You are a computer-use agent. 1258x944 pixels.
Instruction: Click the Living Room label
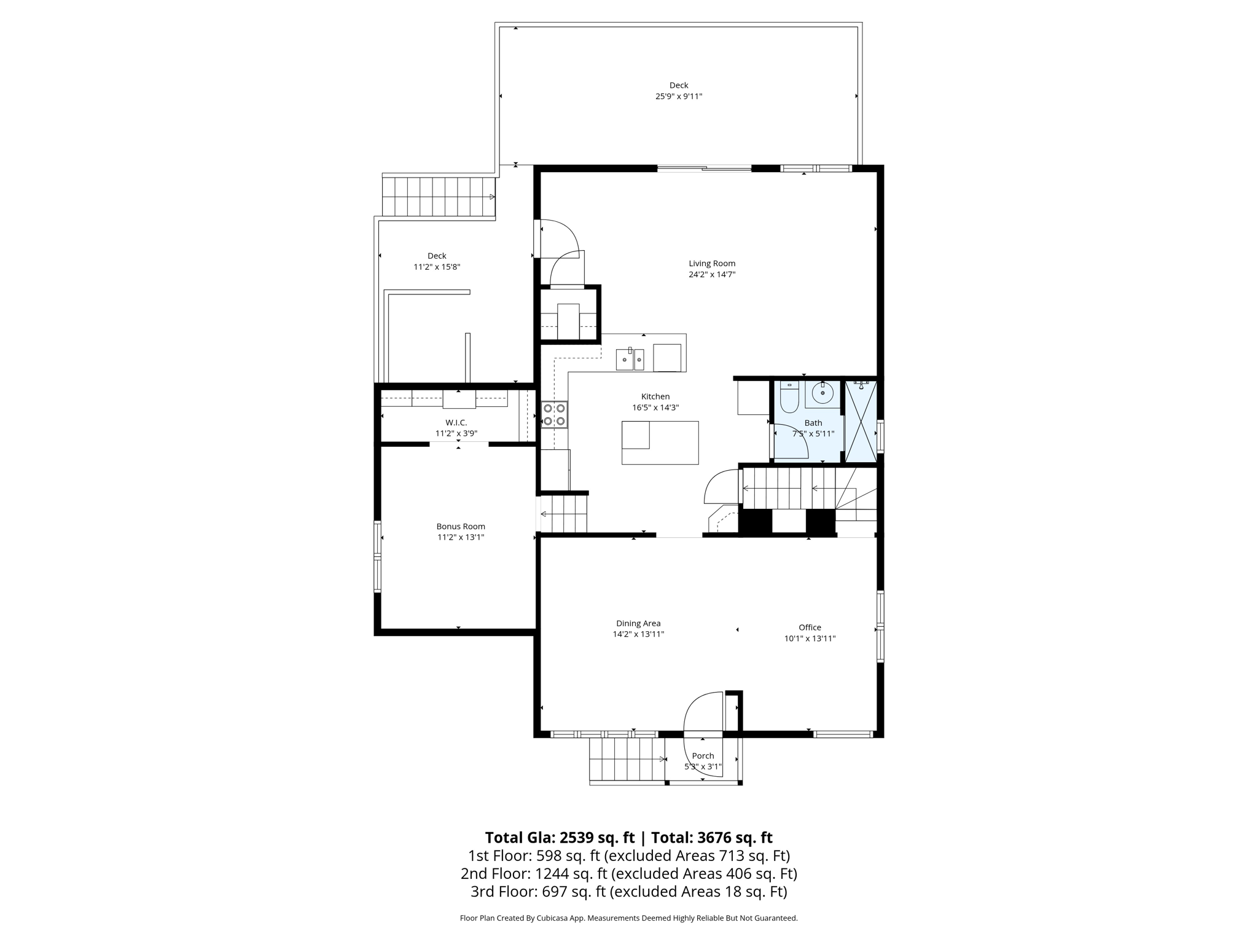pyautogui.click(x=711, y=264)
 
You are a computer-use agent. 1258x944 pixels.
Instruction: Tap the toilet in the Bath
pyautogui.click(x=789, y=398)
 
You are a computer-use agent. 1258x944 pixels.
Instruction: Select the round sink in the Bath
pyautogui.click(x=822, y=392)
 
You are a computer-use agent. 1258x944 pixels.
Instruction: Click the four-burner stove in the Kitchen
pyautogui.click(x=553, y=415)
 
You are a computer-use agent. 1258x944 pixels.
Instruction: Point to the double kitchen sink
pyautogui.click(x=630, y=359)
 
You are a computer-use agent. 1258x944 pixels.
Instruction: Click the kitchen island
pyautogui.click(x=660, y=442)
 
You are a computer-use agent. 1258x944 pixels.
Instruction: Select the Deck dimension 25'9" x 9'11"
pyautogui.click(x=678, y=96)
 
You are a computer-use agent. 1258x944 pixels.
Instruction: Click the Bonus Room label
pyautogui.click(x=461, y=527)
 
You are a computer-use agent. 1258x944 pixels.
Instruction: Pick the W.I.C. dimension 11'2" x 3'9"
pyautogui.click(x=456, y=433)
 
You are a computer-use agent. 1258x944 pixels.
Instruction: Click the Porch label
pyautogui.click(x=703, y=756)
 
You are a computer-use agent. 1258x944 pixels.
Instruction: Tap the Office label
pyautogui.click(x=810, y=627)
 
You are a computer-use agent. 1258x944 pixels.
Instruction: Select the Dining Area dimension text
pyautogui.click(x=638, y=634)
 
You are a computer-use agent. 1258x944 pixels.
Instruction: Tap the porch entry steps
pyautogui.click(x=626, y=760)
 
